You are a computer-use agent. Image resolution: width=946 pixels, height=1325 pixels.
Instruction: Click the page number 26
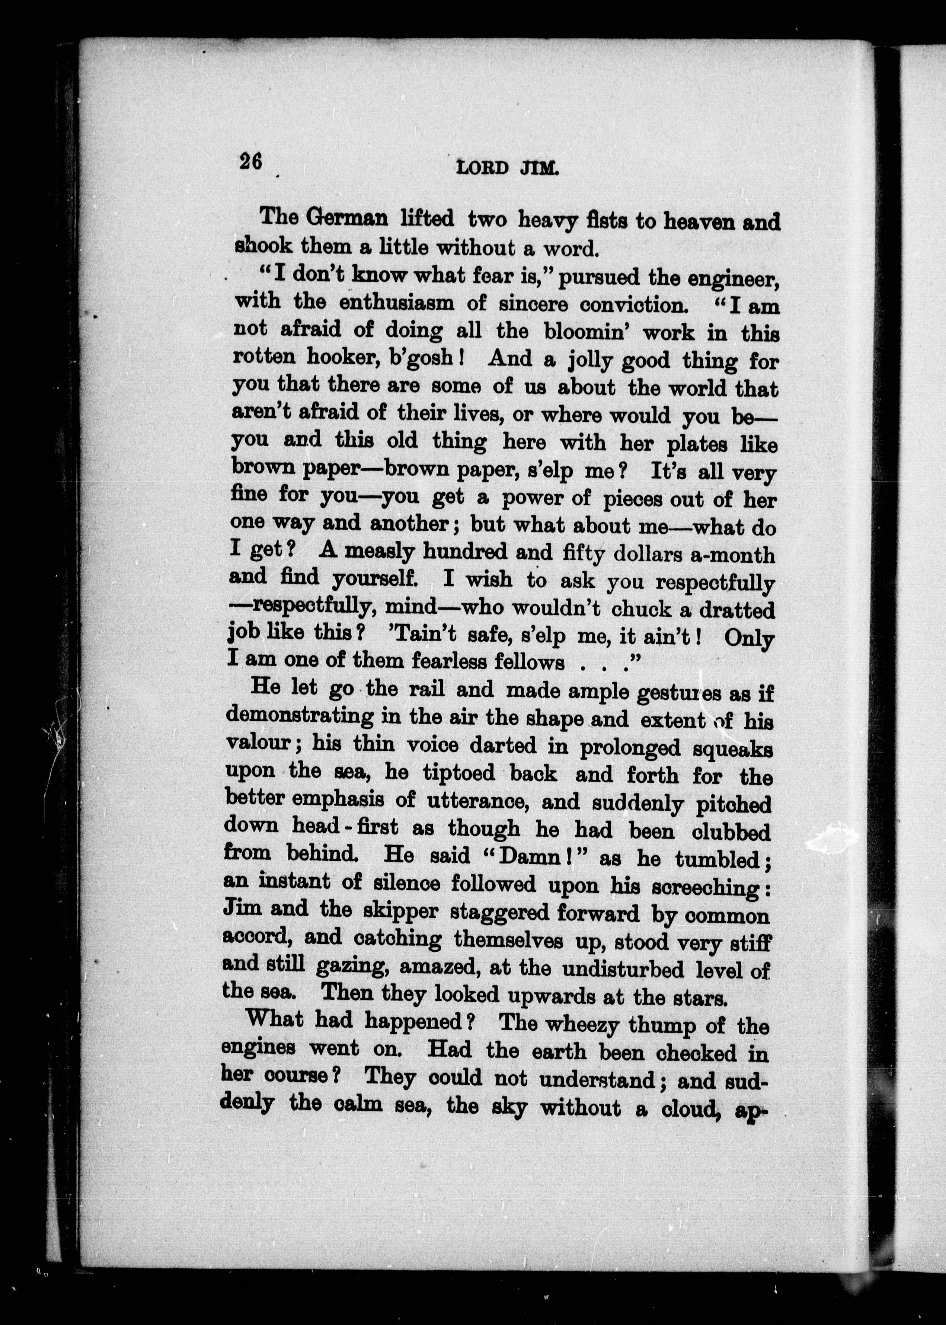point(250,161)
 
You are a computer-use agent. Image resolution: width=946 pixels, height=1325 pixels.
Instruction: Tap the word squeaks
point(733,749)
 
